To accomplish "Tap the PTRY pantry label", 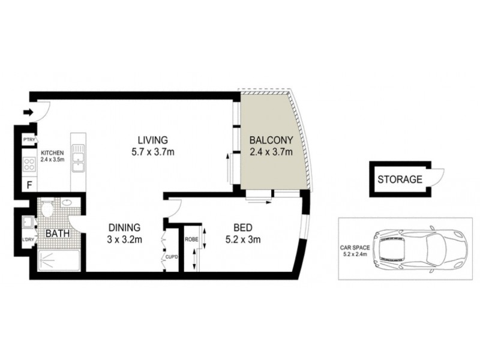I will pyautogui.click(x=28, y=140).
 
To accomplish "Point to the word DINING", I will pyautogui.click(x=124, y=227).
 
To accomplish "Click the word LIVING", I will pyautogui.click(x=153, y=140).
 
